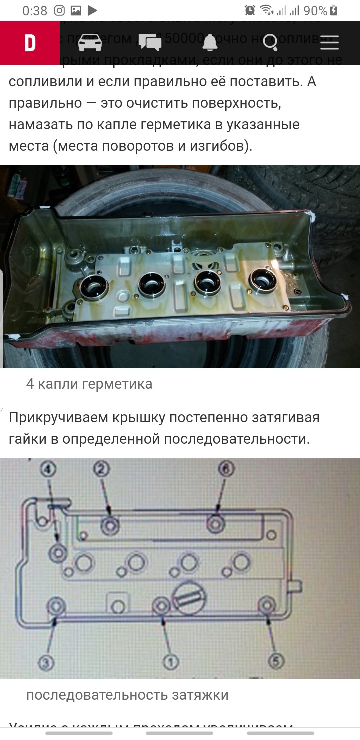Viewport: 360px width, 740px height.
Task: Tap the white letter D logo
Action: [30, 43]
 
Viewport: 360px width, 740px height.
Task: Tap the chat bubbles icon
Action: [150, 43]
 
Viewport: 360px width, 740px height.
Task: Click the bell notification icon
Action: [210, 43]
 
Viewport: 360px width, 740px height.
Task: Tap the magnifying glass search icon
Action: [270, 43]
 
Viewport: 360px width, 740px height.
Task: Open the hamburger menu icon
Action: [330, 43]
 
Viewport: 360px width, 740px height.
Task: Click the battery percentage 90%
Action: [315, 10]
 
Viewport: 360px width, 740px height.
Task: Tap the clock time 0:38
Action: [35, 10]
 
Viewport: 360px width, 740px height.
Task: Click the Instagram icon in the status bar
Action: [59, 10]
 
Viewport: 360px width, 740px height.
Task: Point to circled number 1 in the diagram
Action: [170, 662]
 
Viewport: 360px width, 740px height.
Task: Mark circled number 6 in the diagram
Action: [225, 469]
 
